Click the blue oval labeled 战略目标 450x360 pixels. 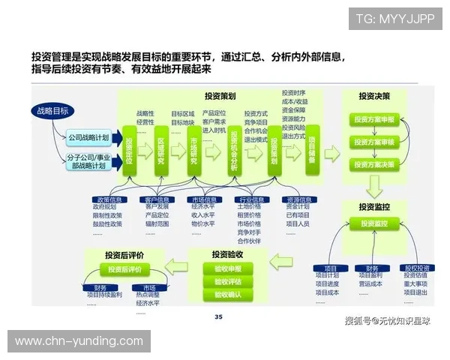pos(52,111)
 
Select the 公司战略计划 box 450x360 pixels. pos(88,138)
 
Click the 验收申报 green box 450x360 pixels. pos(228,268)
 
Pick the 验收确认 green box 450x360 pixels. pos(228,295)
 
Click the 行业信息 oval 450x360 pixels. pos(251,200)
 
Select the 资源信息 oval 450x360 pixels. pos(298,200)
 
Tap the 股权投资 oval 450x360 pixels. pos(416,268)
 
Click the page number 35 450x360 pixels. pos(218,316)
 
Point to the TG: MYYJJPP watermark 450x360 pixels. pos(395,18)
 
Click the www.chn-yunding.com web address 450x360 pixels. pos(79,341)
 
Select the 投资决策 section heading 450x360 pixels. pos(373,96)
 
